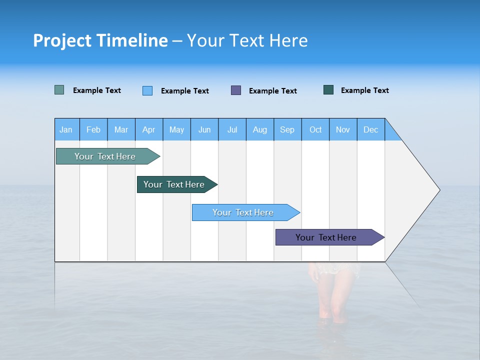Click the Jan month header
[66, 129]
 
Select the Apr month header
[149, 129]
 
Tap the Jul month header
[232, 129]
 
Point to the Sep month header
[287, 129]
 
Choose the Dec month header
[370, 129]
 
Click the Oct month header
[315, 129]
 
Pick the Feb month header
[93, 129]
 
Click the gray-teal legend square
[59, 90]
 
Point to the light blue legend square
[147, 90]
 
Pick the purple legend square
[236, 90]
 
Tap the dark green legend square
[328, 90]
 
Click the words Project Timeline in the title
[100, 40]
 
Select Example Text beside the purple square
[273, 90]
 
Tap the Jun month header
[204, 129]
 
